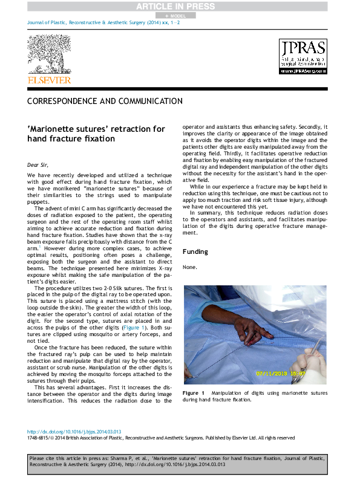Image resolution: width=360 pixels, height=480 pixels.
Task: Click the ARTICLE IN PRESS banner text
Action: tap(180, 7)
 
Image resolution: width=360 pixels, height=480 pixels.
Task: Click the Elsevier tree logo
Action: tap(48, 55)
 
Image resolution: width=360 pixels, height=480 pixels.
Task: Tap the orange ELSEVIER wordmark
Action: tap(49, 80)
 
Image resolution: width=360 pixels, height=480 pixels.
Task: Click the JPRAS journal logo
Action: tap(303, 57)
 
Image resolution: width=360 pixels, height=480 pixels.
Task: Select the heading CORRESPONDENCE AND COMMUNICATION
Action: tap(105, 102)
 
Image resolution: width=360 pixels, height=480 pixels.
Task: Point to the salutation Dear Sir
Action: tap(38, 164)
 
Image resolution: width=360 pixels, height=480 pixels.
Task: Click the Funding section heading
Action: tap(195, 251)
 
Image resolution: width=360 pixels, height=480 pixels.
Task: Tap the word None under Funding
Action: tap(189, 267)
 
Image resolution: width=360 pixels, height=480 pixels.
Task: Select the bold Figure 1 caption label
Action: tap(194, 393)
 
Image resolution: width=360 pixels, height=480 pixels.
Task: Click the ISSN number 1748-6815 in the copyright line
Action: tap(38, 438)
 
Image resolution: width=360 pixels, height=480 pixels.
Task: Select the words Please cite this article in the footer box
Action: tap(55, 459)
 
